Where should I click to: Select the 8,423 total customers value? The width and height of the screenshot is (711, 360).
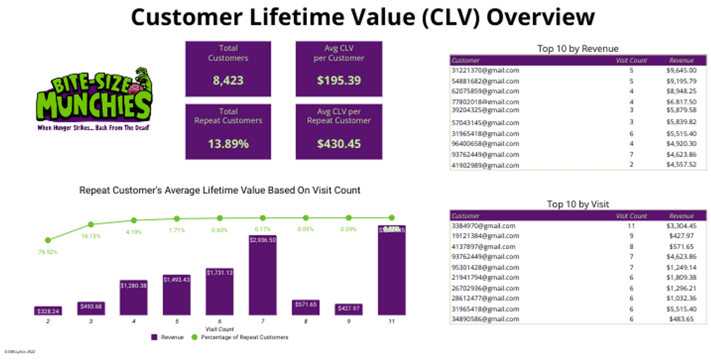pyautogui.click(x=228, y=81)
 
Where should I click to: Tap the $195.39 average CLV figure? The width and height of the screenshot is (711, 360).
pyautogui.click(x=339, y=81)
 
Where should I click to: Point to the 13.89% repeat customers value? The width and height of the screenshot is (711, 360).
pyautogui.click(x=228, y=143)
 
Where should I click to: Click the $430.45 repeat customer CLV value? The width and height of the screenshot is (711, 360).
pyautogui.click(x=339, y=143)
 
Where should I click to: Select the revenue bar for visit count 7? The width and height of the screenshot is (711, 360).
pyautogui.click(x=262, y=275)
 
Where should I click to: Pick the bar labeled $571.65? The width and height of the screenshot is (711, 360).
pyautogui.click(x=305, y=307)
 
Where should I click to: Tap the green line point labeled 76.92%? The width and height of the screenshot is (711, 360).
pyautogui.click(x=48, y=240)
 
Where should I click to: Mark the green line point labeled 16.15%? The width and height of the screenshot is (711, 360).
pyautogui.click(x=91, y=224)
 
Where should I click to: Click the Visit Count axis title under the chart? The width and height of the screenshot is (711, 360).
pyautogui.click(x=220, y=329)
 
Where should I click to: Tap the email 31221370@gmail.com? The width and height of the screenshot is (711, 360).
pyautogui.click(x=485, y=70)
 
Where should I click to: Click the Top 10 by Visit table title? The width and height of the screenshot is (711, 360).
pyautogui.click(x=578, y=204)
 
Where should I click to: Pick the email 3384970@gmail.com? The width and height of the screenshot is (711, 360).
pyautogui.click(x=483, y=226)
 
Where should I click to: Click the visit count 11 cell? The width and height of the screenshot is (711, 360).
pyautogui.click(x=632, y=226)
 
